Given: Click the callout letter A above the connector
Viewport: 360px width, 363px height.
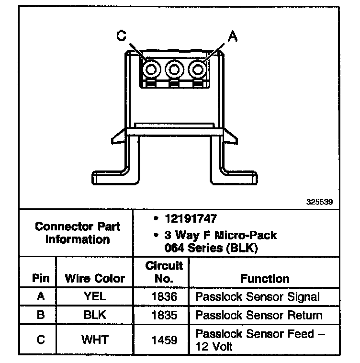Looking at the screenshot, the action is (x=232, y=35).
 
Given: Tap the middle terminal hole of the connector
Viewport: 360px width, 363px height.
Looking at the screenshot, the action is (x=173, y=69).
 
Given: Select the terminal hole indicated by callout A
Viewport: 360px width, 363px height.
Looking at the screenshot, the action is (x=196, y=69).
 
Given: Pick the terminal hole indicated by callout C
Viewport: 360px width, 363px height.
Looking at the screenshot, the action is (x=151, y=69).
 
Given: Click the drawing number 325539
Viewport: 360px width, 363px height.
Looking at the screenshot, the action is (x=319, y=202).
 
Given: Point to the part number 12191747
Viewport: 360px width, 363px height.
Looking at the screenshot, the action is (x=191, y=219).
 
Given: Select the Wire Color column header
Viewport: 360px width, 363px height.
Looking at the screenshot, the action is (x=95, y=278).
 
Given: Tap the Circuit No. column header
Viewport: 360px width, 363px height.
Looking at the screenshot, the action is (x=164, y=272).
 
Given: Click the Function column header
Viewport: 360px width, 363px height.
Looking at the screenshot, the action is (x=265, y=278).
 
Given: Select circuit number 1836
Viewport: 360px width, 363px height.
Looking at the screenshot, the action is (x=164, y=296).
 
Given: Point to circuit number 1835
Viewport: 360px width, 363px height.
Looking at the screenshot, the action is (x=164, y=315).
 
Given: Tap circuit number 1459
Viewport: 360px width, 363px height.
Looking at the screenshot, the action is (x=164, y=340).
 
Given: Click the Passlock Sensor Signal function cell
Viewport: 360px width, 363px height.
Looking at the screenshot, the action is (x=258, y=296).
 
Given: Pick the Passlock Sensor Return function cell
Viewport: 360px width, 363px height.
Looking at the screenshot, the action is (x=259, y=315).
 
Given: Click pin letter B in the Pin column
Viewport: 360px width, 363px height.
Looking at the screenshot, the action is (x=41, y=315).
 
